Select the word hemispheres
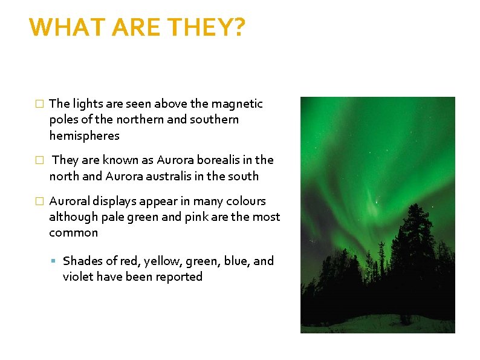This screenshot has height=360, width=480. [x=84, y=136]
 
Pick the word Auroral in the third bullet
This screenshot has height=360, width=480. [x=69, y=201]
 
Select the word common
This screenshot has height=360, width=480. [x=73, y=233]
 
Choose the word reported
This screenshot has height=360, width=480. [x=178, y=277]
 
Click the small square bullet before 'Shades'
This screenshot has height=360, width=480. [x=54, y=261]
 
